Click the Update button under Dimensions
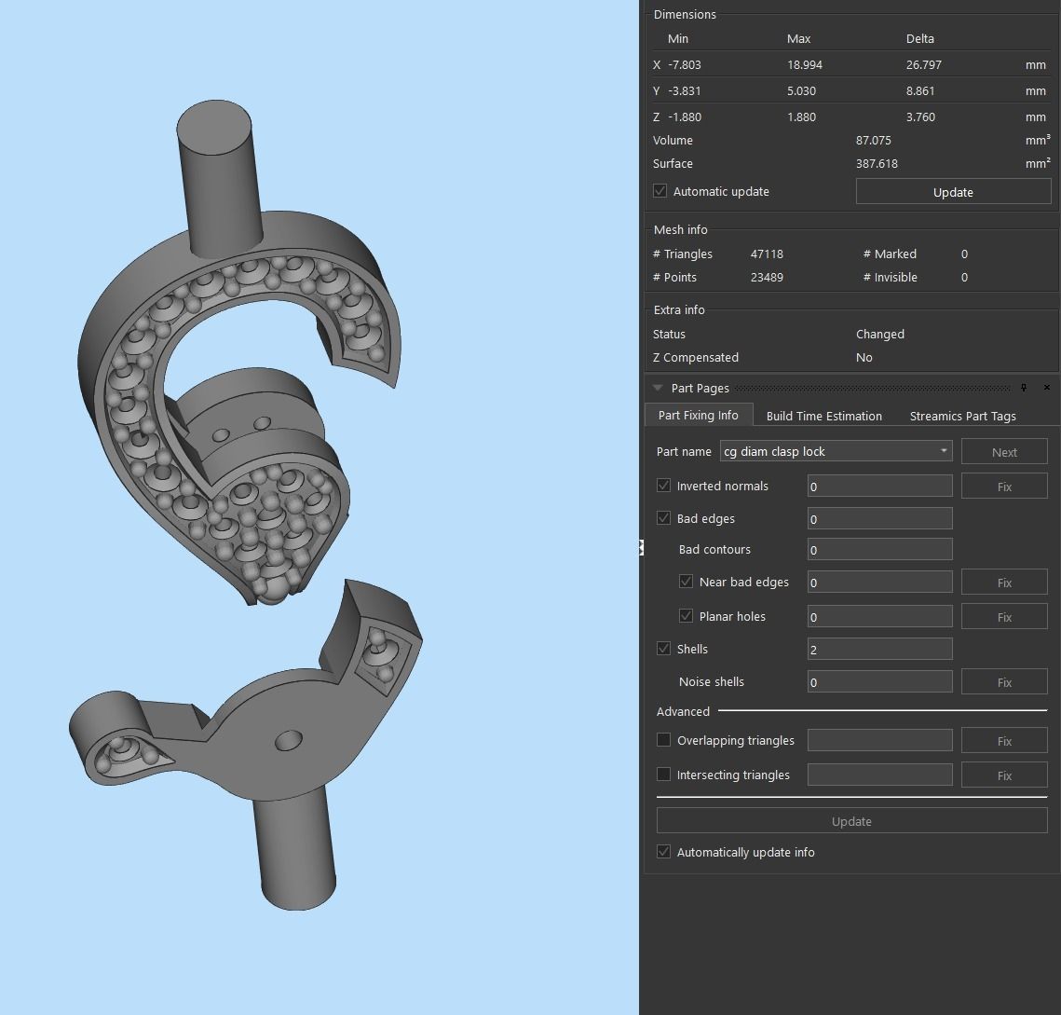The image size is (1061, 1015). pos(953,192)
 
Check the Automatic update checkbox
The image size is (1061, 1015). pos(660,191)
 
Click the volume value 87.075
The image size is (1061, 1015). pos(873,141)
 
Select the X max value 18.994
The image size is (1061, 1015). pos(805,65)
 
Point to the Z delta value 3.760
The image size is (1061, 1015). pos(919,117)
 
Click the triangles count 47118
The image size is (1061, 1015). pos(767,254)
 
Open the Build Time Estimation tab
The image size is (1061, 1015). pos(823,416)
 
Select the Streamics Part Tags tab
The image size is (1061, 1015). pos(962,416)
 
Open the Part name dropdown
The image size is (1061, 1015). pos(944,451)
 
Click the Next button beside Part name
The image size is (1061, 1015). pos(1004,452)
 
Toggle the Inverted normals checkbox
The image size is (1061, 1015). pos(664,486)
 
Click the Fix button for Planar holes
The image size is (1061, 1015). pos(1004,617)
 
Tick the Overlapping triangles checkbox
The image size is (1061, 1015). pos(664,740)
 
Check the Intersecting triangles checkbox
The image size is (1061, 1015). pos(664,775)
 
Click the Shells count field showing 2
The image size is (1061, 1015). pos(879,650)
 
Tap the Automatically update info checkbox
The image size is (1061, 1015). pos(664,852)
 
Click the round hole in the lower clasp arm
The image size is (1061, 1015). pos(289,741)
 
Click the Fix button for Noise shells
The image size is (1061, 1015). pos(1004,682)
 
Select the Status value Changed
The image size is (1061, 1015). pos(879,335)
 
